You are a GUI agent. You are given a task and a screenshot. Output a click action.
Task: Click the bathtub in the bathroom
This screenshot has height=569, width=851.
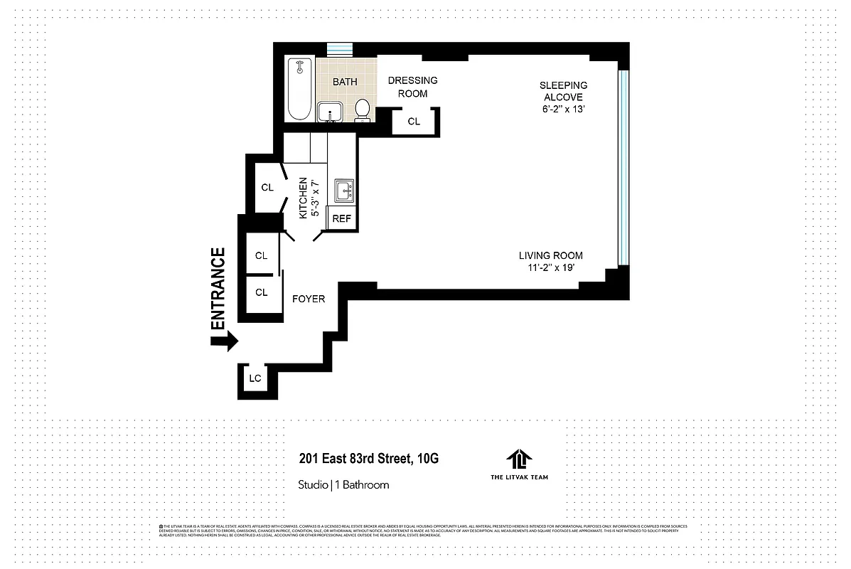(x=299, y=90)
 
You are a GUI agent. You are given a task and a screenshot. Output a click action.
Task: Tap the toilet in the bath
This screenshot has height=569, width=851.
(x=363, y=110)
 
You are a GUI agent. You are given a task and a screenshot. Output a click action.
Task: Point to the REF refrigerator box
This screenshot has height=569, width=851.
(x=341, y=219)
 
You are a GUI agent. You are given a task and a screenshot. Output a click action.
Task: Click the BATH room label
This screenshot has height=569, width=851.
(x=345, y=82)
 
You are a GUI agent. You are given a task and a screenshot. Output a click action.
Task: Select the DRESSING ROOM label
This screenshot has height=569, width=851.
(x=412, y=87)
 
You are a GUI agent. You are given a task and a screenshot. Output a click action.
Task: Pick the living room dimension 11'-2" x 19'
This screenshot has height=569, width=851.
(x=550, y=268)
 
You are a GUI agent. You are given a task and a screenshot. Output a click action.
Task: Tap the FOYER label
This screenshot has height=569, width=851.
(x=309, y=299)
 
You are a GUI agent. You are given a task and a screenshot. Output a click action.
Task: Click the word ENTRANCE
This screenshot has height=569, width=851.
(x=218, y=287)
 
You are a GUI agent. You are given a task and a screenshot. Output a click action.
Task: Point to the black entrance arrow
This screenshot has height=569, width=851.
(x=225, y=343)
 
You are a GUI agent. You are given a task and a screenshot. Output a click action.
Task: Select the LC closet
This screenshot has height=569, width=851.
(x=255, y=379)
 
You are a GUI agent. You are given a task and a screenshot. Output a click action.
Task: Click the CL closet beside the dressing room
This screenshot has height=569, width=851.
(x=414, y=122)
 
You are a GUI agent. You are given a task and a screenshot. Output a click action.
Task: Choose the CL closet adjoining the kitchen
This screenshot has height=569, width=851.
(x=267, y=188)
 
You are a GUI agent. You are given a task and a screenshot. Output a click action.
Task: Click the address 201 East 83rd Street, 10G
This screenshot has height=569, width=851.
(x=368, y=459)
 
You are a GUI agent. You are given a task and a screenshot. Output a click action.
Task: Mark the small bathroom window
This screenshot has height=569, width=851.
(x=339, y=49)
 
